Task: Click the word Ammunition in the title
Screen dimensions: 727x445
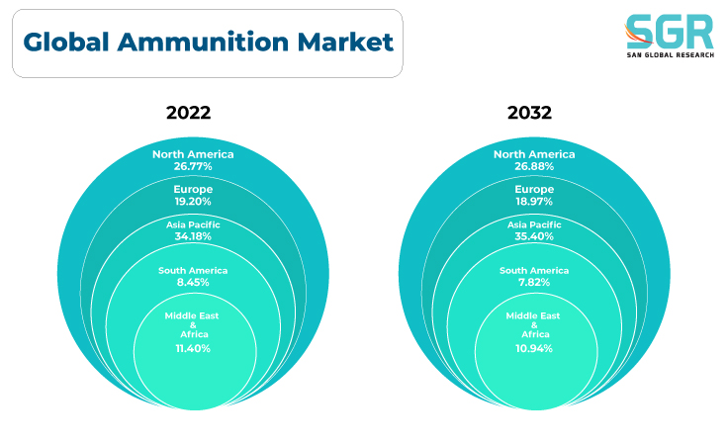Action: click(x=203, y=43)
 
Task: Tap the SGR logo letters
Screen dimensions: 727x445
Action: click(x=670, y=32)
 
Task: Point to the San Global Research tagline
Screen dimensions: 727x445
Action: click(x=671, y=55)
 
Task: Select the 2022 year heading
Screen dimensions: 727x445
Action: click(x=188, y=113)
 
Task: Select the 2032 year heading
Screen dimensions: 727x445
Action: click(x=529, y=113)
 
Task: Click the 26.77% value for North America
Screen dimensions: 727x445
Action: click(x=193, y=166)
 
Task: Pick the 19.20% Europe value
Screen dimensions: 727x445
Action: click(x=193, y=202)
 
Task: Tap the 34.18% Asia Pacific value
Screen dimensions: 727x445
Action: click(x=193, y=236)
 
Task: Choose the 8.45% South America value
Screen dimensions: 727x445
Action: click(x=193, y=282)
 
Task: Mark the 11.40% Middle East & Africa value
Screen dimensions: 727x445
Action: click(x=193, y=348)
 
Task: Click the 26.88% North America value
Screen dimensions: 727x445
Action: click(x=534, y=166)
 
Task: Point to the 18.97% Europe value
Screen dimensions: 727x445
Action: click(x=534, y=202)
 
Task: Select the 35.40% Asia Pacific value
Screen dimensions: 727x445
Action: click(x=534, y=236)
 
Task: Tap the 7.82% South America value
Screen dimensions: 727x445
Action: click(x=534, y=282)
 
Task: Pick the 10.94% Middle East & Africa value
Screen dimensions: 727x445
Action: click(x=534, y=348)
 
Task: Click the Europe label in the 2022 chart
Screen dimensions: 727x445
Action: click(x=193, y=190)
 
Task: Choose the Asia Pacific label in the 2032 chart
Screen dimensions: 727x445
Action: click(x=534, y=224)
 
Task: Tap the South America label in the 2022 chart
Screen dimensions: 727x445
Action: click(x=193, y=271)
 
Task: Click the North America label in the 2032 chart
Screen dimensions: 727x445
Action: click(x=534, y=154)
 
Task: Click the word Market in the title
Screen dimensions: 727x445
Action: click(x=345, y=43)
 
